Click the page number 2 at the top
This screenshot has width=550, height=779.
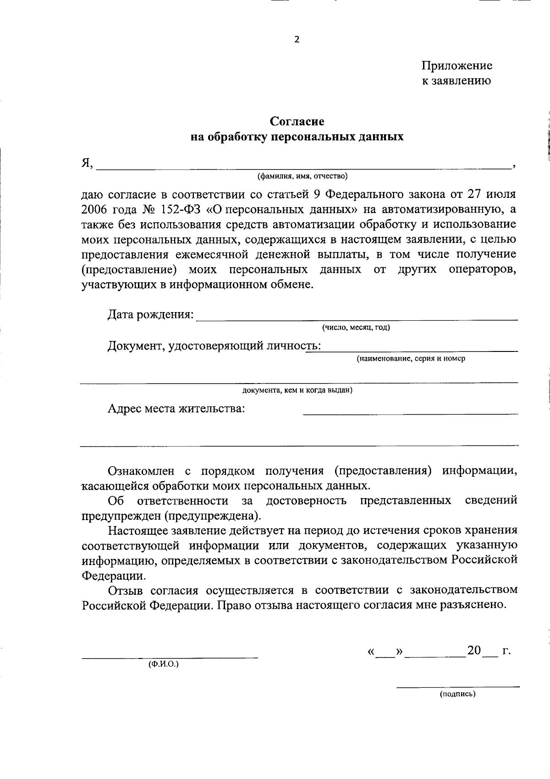pyautogui.click(x=297, y=39)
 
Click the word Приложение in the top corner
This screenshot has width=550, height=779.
pyautogui.click(x=457, y=66)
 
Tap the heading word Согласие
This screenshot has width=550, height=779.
pyautogui.click(x=297, y=121)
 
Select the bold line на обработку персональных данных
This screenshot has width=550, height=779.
pyautogui.click(x=297, y=137)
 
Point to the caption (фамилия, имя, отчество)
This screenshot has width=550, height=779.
pyautogui.click(x=303, y=176)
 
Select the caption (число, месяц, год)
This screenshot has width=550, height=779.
pyautogui.click(x=356, y=327)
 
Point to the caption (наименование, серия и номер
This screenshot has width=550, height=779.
pyautogui.click(x=411, y=358)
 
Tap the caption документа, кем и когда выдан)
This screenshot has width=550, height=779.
pyautogui.click(x=297, y=390)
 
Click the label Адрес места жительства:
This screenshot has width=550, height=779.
pyautogui.click(x=176, y=408)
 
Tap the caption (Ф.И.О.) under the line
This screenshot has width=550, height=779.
pyautogui.click(x=163, y=664)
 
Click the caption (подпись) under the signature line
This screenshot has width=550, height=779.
pyautogui.click(x=457, y=694)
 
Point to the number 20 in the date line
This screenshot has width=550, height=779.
pyautogui.click(x=474, y=651)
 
